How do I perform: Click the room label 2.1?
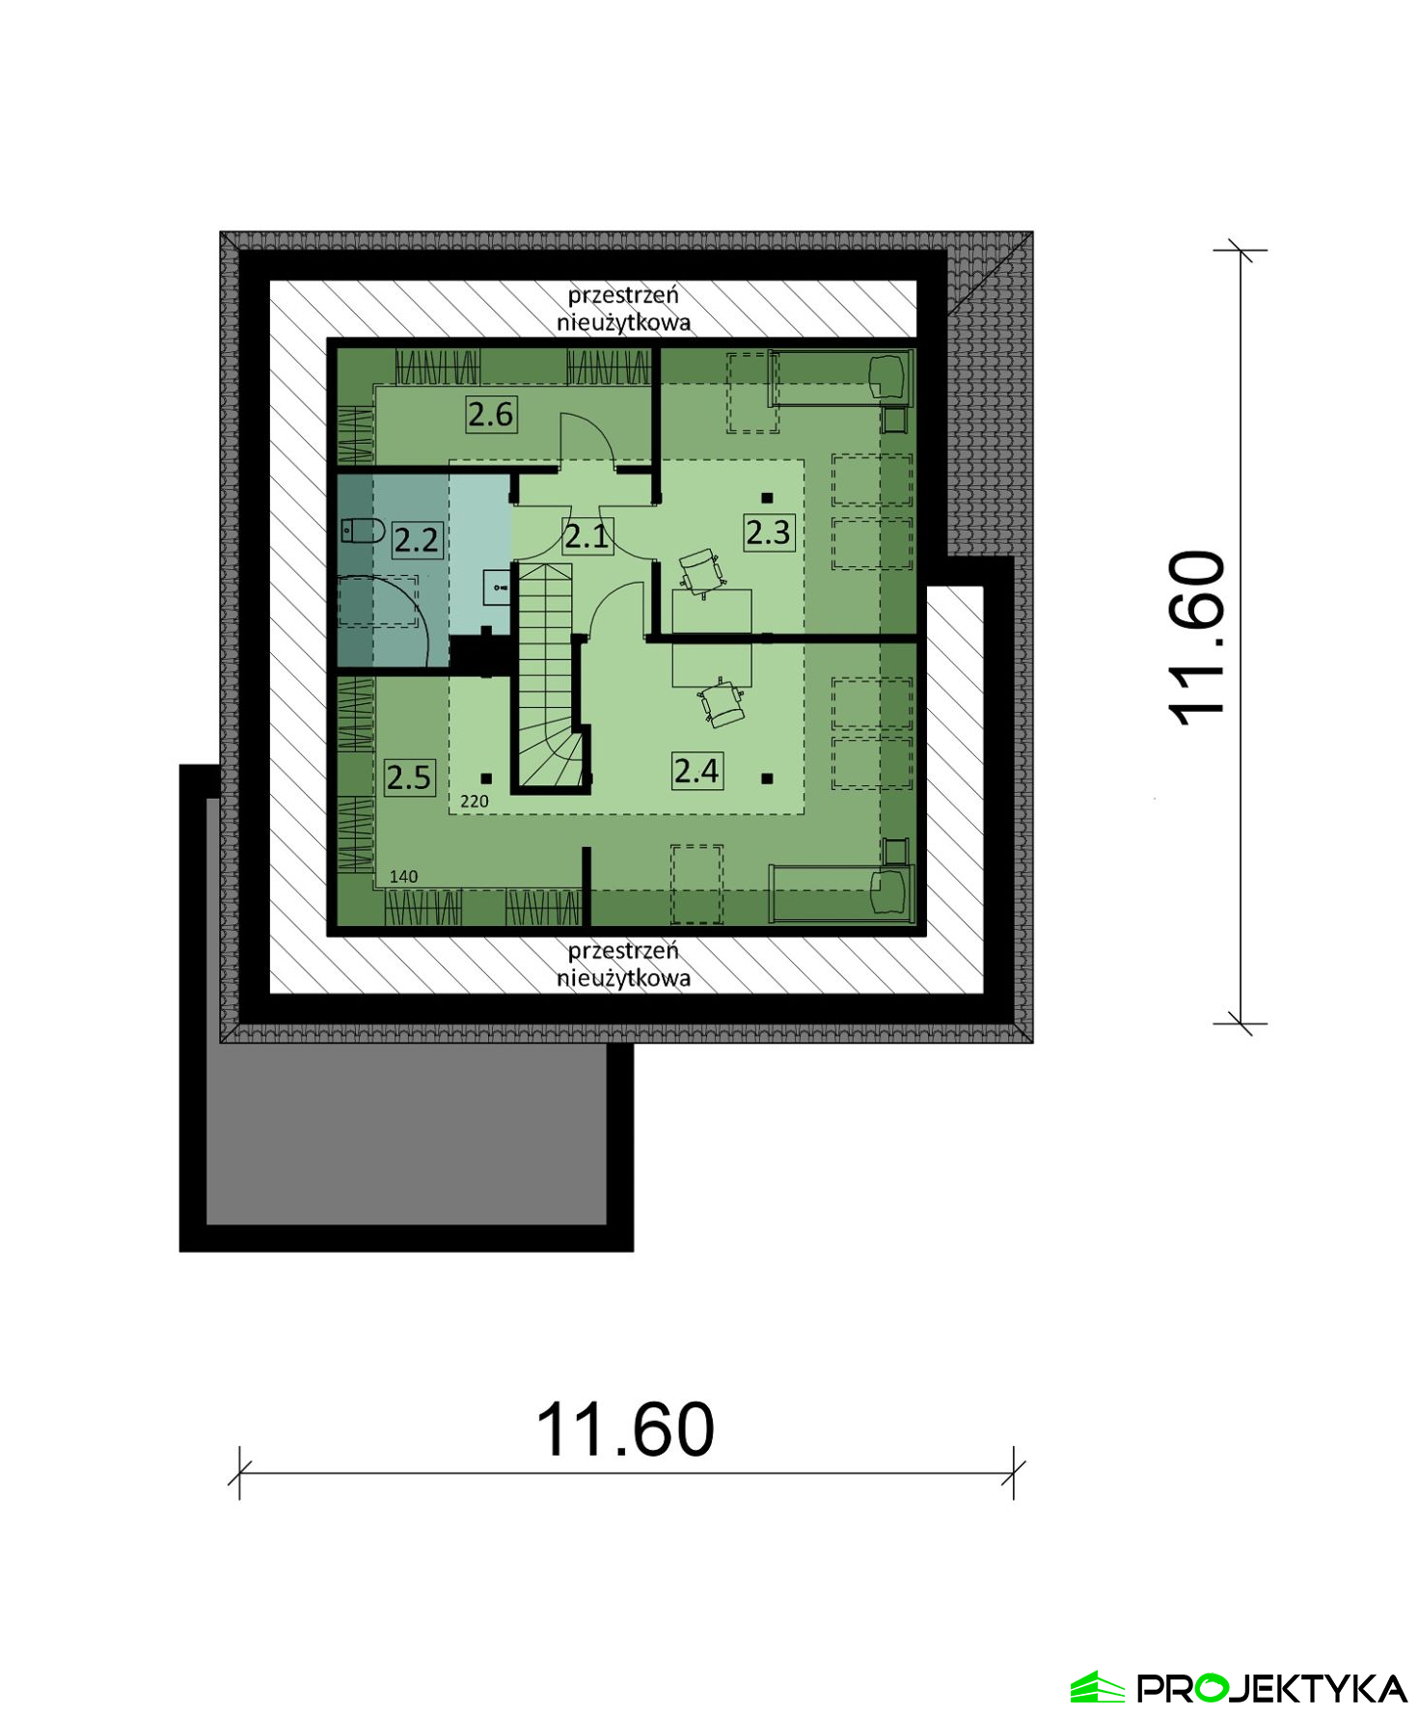tap(586, 535)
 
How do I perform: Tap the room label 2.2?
tap(417, 539)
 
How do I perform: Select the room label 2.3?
tap(768, 531)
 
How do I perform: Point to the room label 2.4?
tap(696, 771)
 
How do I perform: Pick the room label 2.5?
tap(409, 777)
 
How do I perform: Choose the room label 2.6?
tap(491, 414)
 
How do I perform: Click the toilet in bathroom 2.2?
tap(363, 530)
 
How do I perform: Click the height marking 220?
tap(475, 802)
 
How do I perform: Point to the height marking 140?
tap(403, 877)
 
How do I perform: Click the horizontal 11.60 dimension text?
tap(625, 1430)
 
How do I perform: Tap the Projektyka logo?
tap(1239, 1688)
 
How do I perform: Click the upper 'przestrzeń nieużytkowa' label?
tap(623, 309)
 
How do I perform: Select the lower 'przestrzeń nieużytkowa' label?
tap(623, 964)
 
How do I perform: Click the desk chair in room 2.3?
tap(701, 571)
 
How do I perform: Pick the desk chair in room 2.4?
tap(723, 702)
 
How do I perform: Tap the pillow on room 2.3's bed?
tap(890, 376)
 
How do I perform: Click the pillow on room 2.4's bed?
tap(890, 893)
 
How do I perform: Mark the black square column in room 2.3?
tap(767, 498)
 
